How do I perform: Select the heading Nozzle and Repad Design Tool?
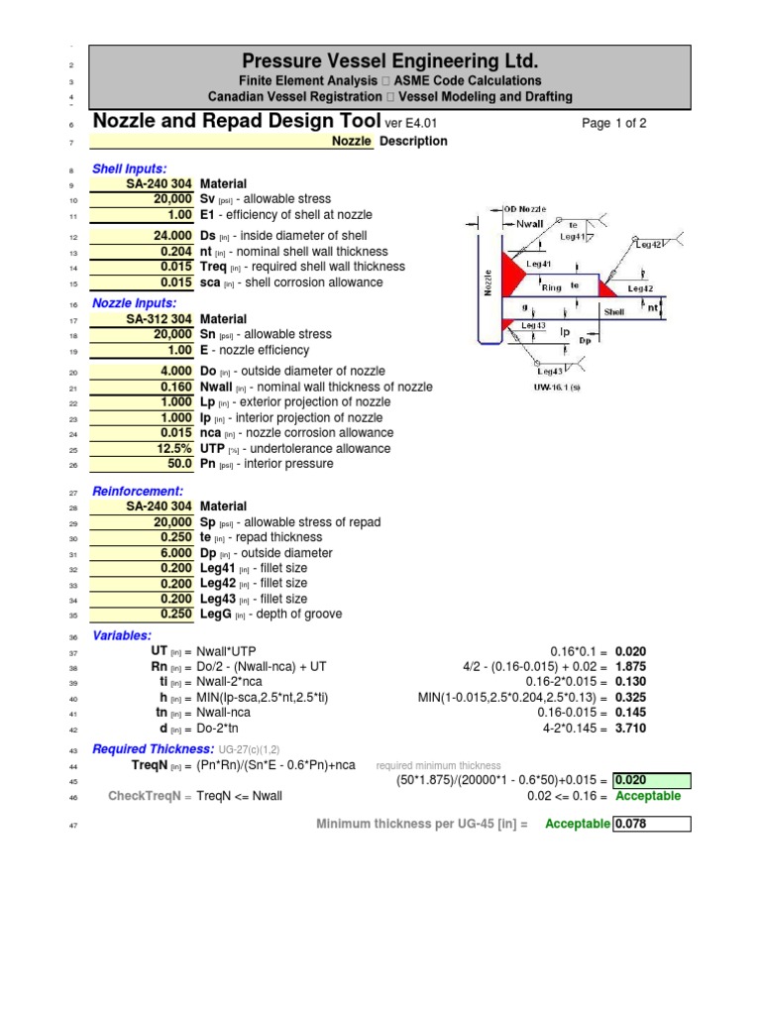(236, 122)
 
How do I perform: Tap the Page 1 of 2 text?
(614, 124)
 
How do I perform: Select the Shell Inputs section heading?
(129, 169)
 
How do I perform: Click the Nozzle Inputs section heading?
(134, 303)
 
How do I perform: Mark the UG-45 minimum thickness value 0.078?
(649, 824)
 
